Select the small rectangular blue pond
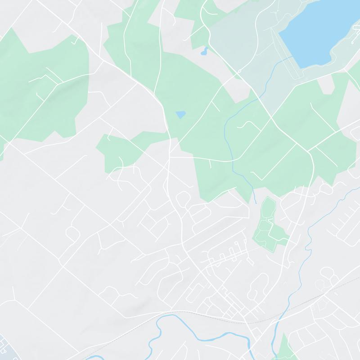[181, 114]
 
